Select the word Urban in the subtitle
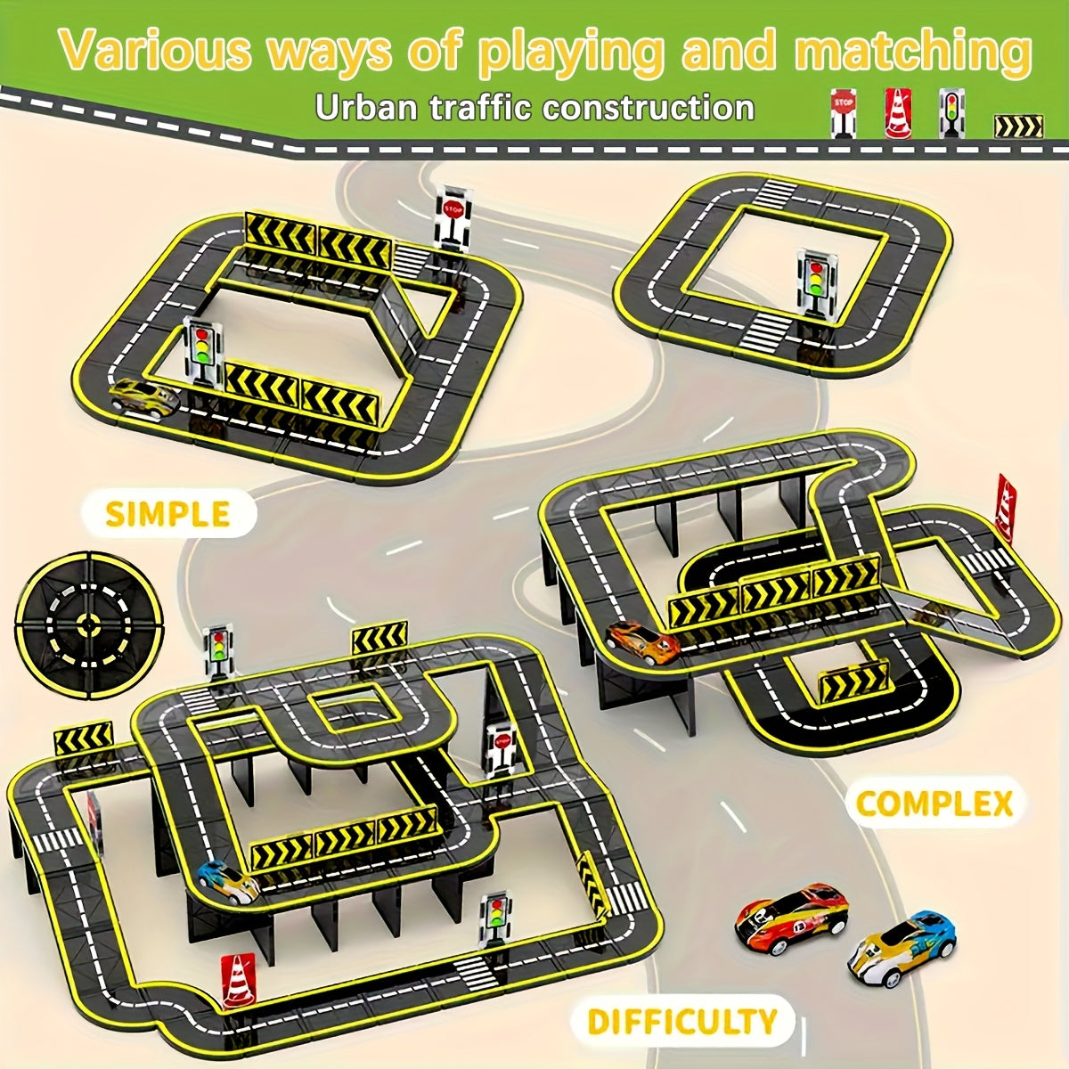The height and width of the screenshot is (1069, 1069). click(x=365, y=107)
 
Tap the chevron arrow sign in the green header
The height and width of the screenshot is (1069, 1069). click(x=1018, y=126)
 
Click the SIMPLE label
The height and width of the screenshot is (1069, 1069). click(x=168, y=513)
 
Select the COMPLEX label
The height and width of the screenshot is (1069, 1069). click(x=934, y=803)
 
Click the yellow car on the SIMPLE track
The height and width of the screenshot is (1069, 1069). click(x=144, y=396)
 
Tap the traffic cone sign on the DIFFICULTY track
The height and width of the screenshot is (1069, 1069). click(x=239, y=871)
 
